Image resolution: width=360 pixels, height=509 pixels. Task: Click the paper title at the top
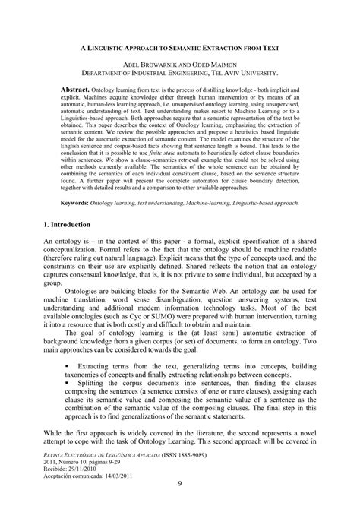(179, 47)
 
